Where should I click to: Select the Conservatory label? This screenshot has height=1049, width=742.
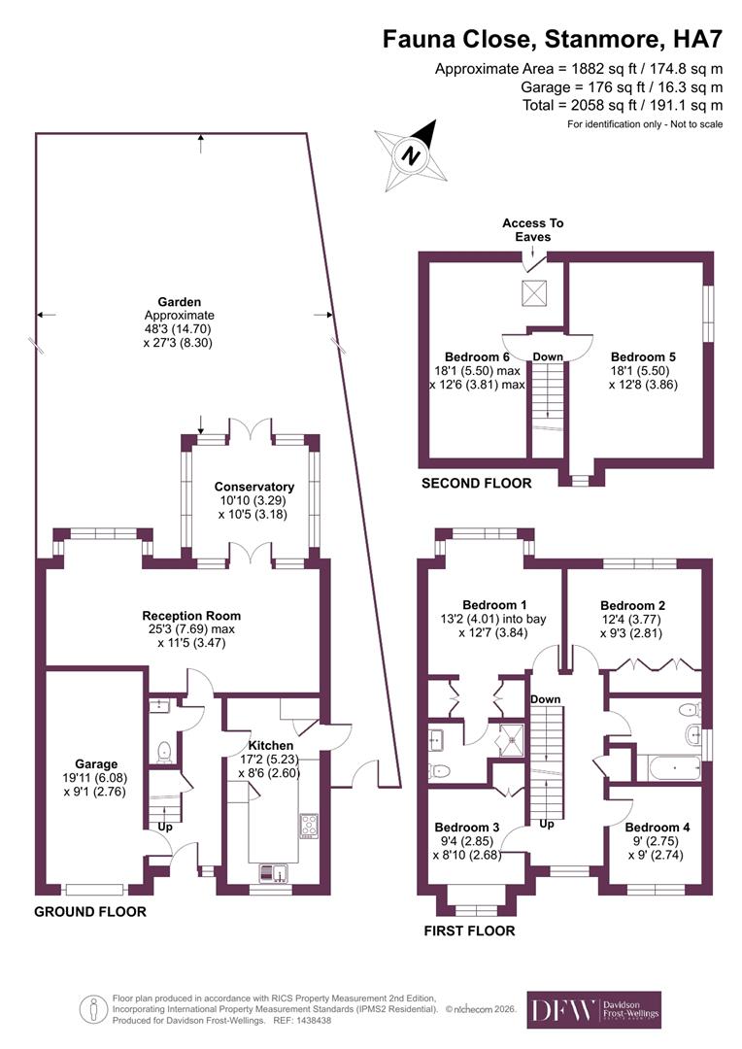pyautogui.click(x=254, y=487)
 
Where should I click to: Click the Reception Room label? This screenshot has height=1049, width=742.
pyautogui.click(x=191, y=616)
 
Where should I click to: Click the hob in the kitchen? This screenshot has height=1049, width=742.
pyautogui.click(x=310, y=826)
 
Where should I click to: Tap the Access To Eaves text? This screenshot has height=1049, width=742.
pyautogui.click(x=532, y=229)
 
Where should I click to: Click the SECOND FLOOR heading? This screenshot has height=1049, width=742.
pyautogui.click(x=476, y=483)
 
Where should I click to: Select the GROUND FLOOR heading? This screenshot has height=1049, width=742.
pyautogui.click(x=90, y=912)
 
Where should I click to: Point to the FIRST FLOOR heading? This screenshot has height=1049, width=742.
pyautogui.click(x=469, y=931)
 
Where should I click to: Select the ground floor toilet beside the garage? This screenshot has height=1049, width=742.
pyautogui.click(x=163, y=751)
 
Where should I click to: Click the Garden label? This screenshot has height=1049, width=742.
pyautogui.click(x=179, y=301)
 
